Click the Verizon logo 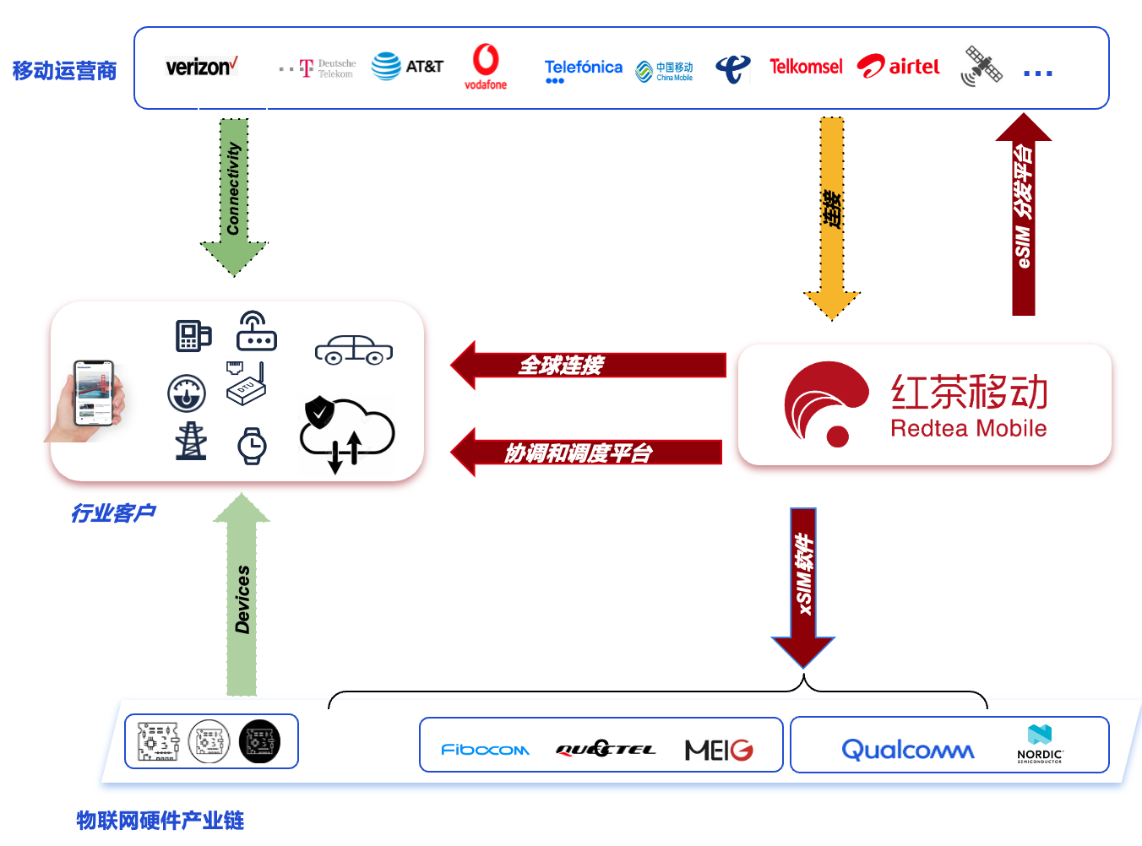point(201,67)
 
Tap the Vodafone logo point(486,66)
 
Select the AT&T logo point(407,66)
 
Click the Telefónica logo point(583,68)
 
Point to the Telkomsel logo point(806,67)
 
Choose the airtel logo point(898,67)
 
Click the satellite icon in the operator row point(982,66)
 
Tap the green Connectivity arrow point(234,194)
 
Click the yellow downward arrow point(832,215)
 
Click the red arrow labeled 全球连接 point(587,365)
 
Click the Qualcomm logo point(907,749)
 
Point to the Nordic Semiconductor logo point(1040,744)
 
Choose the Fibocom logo point(485,749)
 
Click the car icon point(354,350)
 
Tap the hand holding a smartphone point(89,400)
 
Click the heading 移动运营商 point(64,71)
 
